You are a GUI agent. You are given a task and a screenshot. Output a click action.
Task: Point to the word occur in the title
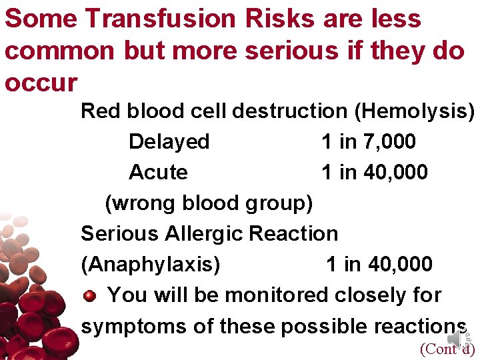(x=41, y=83)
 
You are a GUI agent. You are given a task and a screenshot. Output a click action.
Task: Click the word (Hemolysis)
(x=415, y=111)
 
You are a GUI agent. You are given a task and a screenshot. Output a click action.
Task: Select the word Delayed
(x=169, y=141)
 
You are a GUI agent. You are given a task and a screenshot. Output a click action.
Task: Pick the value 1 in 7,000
(x=369, y=141)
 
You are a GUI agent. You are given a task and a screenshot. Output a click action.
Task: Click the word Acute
(x=158, y=172)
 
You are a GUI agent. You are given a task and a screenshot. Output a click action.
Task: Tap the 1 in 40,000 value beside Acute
(x=375, y=172)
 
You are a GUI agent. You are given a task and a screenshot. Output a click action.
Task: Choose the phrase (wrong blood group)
(x=209, y=203)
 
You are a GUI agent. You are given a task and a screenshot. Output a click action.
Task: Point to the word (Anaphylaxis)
(x=150, y=264)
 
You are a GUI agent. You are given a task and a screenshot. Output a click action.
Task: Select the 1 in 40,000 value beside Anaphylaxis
(x=379, y=264)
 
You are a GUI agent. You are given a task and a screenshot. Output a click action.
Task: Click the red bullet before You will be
(x=90, y=295)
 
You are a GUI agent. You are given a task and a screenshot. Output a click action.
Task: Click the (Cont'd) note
(x=446, y=349)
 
